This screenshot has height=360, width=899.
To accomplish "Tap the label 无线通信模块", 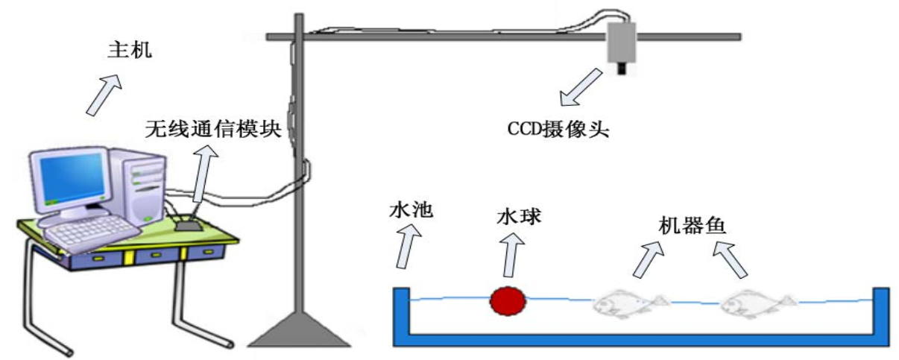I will click(x=213, y=130).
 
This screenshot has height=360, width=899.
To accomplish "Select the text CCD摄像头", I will click(x=558, y=130).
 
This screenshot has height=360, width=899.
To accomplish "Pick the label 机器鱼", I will click(x=693, y=224).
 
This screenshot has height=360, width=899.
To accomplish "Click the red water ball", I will click(x=508, y=301).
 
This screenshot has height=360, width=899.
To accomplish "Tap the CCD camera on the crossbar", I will click(x=620, y=44).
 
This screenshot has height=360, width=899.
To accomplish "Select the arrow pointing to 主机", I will click(x=104, y=95).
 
